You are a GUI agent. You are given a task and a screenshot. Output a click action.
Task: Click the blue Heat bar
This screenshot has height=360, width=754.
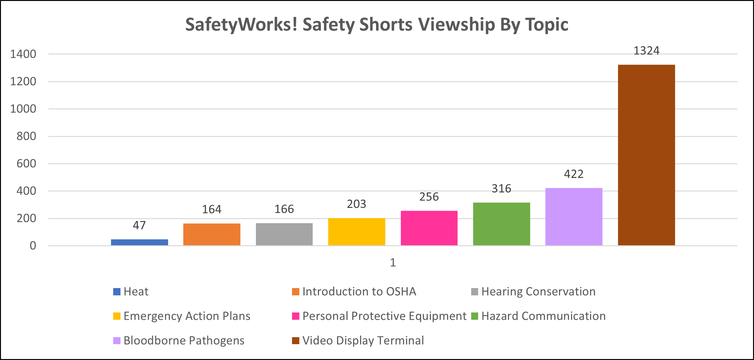tap(139, 242)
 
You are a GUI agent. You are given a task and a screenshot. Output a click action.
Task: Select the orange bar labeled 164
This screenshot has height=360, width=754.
tap(211, 234)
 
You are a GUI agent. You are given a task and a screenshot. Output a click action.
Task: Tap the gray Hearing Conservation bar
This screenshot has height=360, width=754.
tap(284, 234)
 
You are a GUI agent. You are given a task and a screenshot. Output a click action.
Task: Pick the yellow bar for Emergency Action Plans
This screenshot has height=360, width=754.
tap(356, 232)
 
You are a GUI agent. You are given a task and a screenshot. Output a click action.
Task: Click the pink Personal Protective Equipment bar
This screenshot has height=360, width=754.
tap(429, 228)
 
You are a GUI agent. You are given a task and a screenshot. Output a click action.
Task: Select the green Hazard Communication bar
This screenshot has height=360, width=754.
tap(501, 224)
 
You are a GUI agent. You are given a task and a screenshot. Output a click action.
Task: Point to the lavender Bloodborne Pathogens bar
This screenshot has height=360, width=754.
tap(574, 217)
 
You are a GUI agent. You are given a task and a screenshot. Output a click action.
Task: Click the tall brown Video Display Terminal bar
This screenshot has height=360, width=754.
tap(646, 155)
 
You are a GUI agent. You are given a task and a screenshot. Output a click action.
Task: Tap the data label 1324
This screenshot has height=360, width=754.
tap(646, 51)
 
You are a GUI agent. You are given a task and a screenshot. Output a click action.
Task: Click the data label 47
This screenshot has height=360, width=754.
tap(139, 225)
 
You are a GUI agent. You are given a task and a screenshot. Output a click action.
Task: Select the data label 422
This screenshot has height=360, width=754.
tap(574, 174)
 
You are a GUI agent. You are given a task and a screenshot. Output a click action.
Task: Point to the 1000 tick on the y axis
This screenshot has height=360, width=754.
tap(23, 109)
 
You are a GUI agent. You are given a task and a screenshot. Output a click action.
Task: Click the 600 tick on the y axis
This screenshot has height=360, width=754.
tap(26, 164)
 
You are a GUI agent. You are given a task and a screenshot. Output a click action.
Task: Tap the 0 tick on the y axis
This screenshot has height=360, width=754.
tap(33, 246)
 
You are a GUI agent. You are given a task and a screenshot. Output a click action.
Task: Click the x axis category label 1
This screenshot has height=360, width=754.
tap(393, 262)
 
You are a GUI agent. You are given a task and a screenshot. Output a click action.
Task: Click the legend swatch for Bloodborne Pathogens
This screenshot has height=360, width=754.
tap(117, 341)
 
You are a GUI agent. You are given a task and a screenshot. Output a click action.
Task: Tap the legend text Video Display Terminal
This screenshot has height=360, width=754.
tap(363, 341)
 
